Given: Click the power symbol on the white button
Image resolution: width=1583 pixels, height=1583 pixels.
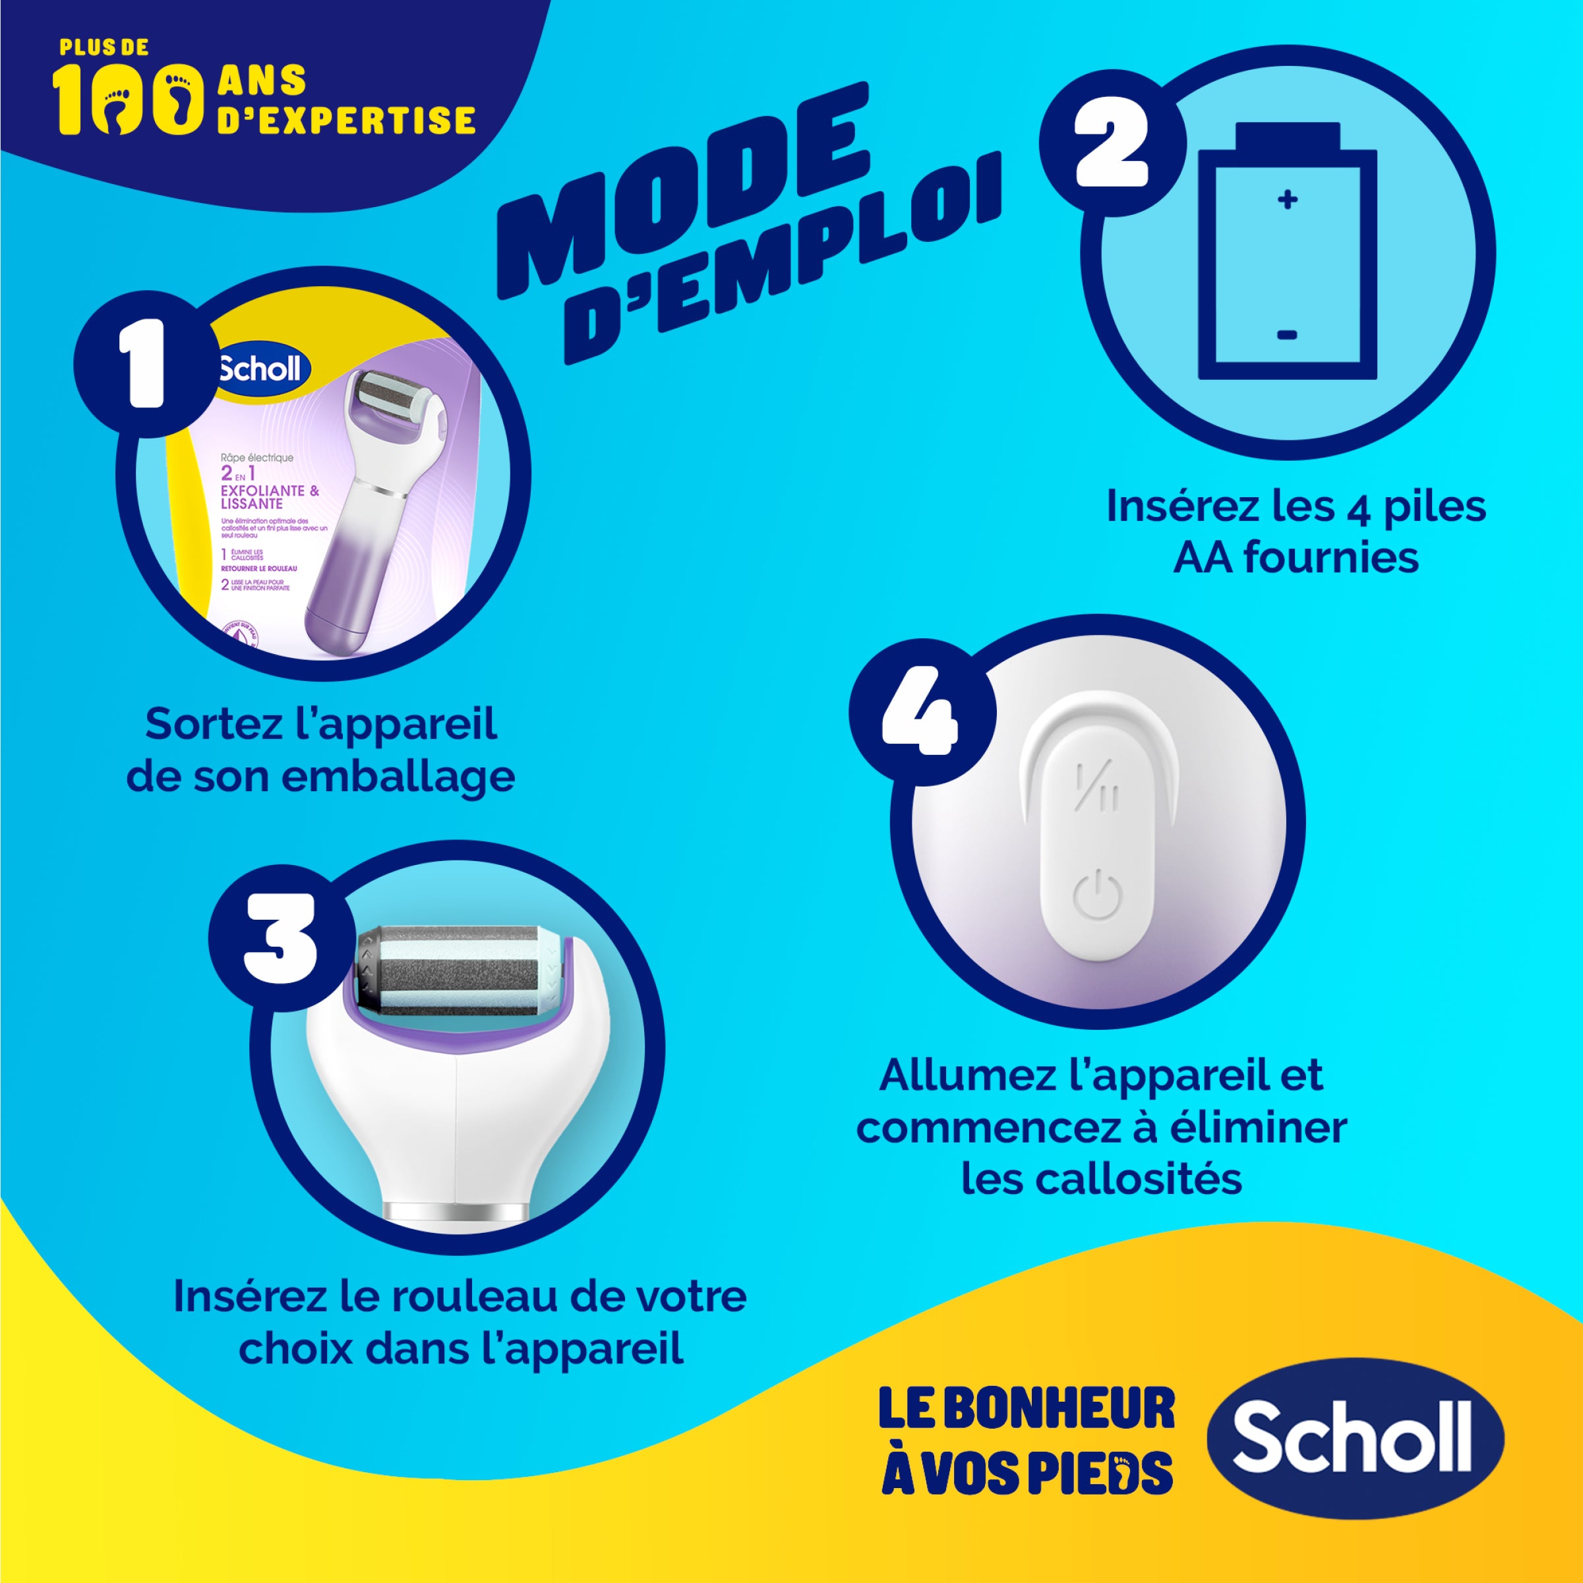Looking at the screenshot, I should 1096,895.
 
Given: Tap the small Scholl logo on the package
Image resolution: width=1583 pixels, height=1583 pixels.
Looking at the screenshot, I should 259,369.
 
